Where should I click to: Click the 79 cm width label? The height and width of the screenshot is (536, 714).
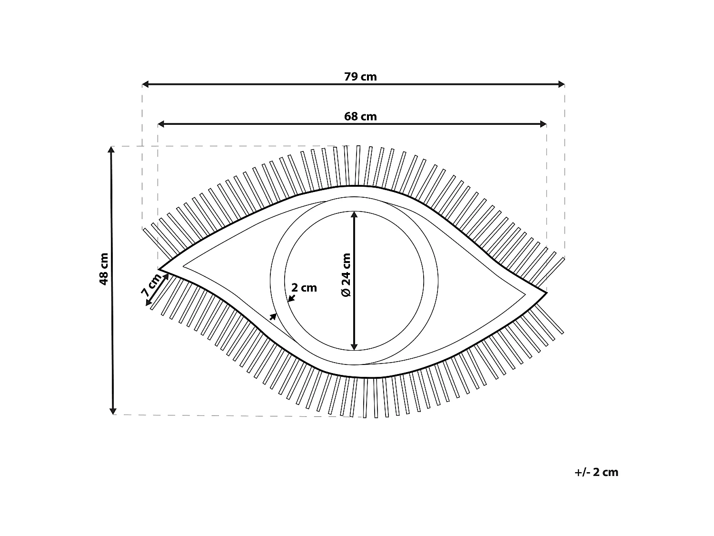coord(360,77)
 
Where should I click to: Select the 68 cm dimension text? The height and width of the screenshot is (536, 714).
coord(360,117)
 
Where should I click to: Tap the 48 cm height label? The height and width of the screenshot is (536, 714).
coord(104,269)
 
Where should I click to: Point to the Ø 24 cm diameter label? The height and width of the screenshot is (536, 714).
coord(347,275)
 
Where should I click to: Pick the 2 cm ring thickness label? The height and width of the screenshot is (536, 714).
coord(304,288)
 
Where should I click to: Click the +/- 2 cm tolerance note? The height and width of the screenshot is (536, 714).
coord(596,472)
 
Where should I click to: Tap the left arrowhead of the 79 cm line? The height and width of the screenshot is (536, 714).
coord(145,84)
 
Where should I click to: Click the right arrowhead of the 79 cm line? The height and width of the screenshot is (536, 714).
coord(561,84)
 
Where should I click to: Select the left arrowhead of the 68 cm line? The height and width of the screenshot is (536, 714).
coord(161,124)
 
